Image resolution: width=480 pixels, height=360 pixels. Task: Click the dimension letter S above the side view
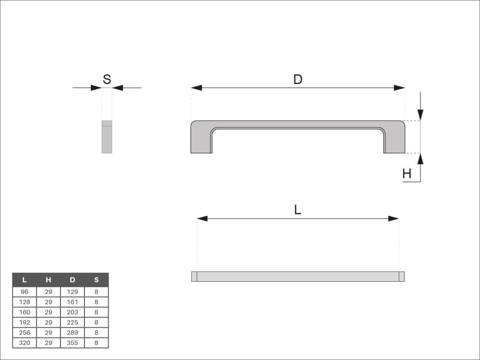[x=107, y=79]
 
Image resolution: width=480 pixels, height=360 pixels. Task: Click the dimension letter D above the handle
[x=298, y=79]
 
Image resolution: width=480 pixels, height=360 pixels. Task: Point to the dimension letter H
[x=407, y=174]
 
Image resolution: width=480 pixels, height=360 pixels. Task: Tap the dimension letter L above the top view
[x=298, y=210]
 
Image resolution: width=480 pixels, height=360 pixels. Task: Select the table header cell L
[x=24, y=280]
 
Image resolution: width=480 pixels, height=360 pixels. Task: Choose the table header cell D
[x=72, y=280]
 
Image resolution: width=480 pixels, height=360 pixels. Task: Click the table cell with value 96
[x=24, y=292]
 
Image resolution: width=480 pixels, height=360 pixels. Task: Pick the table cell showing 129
[x=72, y=292]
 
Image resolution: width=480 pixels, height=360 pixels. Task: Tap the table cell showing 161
[x=72, y=302]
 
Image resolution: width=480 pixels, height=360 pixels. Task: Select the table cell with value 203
[x=72, y=312]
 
